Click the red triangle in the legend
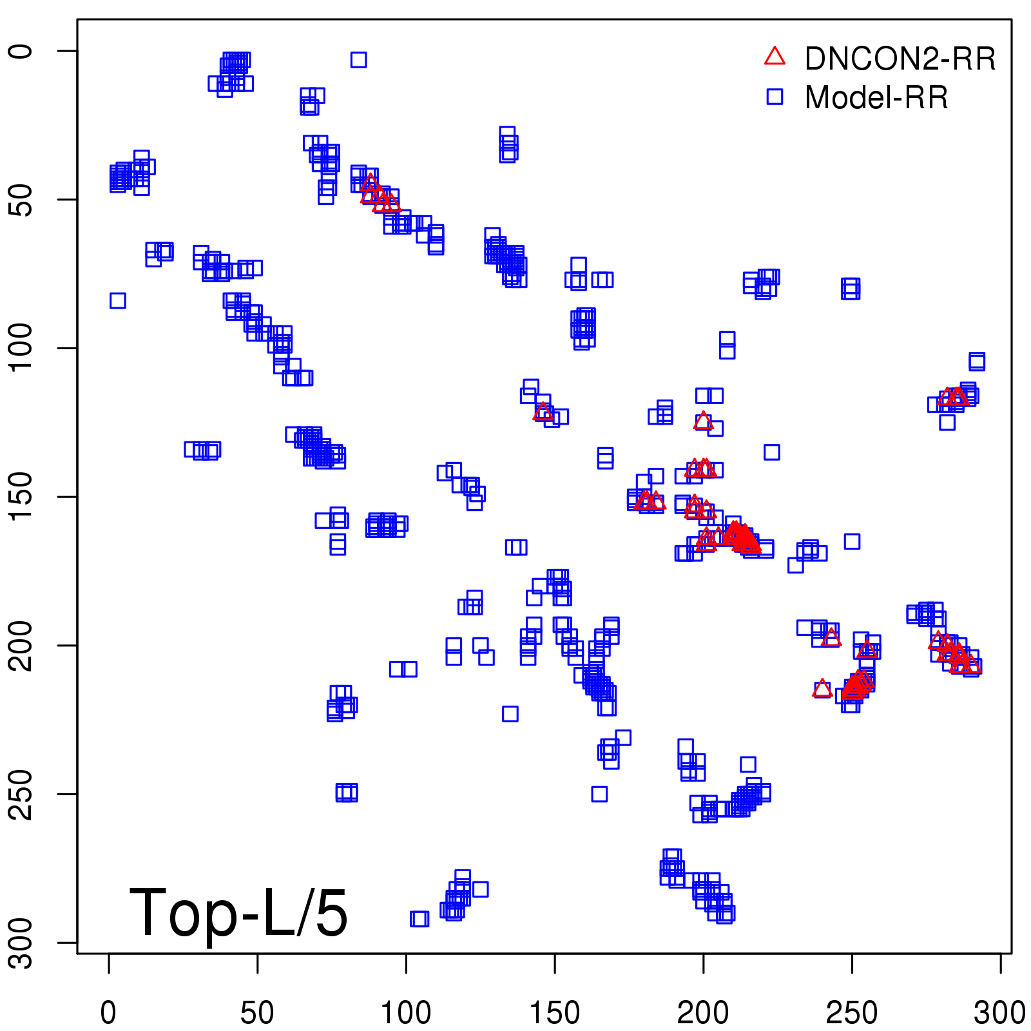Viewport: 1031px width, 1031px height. click(x=775, y=57)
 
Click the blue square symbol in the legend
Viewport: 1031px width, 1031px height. click(x=775, y=97)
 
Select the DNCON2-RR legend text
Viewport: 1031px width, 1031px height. click(x=900, y=59)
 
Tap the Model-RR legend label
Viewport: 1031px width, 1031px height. click(x=876, y=98)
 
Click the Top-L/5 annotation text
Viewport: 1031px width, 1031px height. click(x=238, y=912)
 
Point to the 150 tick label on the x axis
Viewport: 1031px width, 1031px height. click(x=555, y=1012)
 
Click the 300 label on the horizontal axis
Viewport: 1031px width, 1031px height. click(x=999, y=1012)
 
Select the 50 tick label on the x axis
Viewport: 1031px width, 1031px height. click(x=257, y=1012)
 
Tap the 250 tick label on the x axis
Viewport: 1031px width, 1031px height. click(x=852, y=1012)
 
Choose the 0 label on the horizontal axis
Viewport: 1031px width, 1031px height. click(x=109, y=1012)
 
